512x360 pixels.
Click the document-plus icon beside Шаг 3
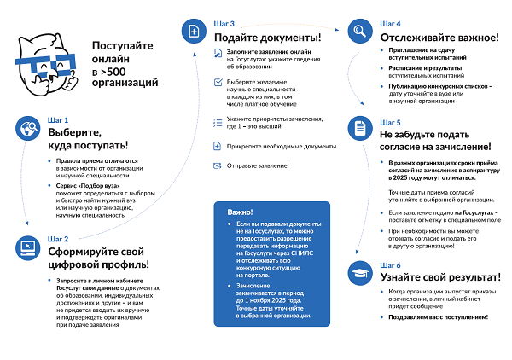[x=193, y=32]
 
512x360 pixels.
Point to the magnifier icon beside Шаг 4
[x=359, y=32]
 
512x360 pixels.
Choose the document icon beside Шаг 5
[x=359, y=129]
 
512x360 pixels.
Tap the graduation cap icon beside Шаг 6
[x=359, y=272]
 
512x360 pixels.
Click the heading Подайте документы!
[x=267, y=38]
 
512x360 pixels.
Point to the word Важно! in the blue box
[x=241, y=212]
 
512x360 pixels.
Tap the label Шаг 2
[x=58, y=239]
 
